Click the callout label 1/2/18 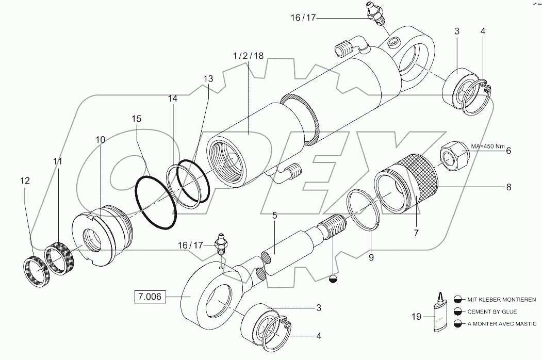[249, 56]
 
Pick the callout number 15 [136, 119]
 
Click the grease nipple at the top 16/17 [376, 13]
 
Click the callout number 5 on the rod [275, 216]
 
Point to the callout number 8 [508, 187]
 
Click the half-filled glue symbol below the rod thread [334, 279]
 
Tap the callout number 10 [100, 140]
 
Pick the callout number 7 [416, 233]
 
